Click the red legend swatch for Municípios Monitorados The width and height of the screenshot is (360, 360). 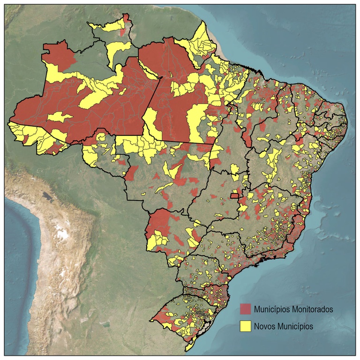click(x=246, y=309)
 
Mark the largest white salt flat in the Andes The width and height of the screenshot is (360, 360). click(x=60, y=231)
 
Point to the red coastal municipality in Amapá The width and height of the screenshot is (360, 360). click(x=205, y=57)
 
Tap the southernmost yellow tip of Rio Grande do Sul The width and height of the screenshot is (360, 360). click(x=188, y=347)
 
